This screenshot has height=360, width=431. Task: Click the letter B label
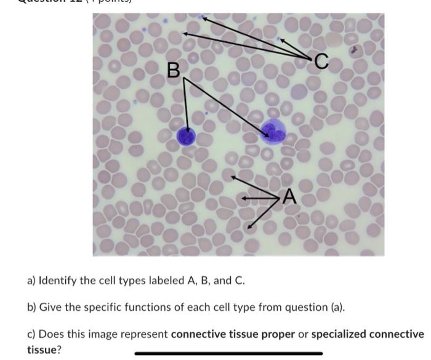[174, 71]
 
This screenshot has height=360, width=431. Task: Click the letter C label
[321, 61]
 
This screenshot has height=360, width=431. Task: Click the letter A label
[289, 198]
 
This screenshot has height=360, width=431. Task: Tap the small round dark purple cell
[186, 137]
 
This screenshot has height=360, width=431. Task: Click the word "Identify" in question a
[59, 281]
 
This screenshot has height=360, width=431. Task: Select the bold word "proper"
[289, 334]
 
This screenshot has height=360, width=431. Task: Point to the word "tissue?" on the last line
[44, 350]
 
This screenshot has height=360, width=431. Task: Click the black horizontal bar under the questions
[228, 353]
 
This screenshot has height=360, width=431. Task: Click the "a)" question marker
[31, 281]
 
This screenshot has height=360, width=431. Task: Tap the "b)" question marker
[31, 307]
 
